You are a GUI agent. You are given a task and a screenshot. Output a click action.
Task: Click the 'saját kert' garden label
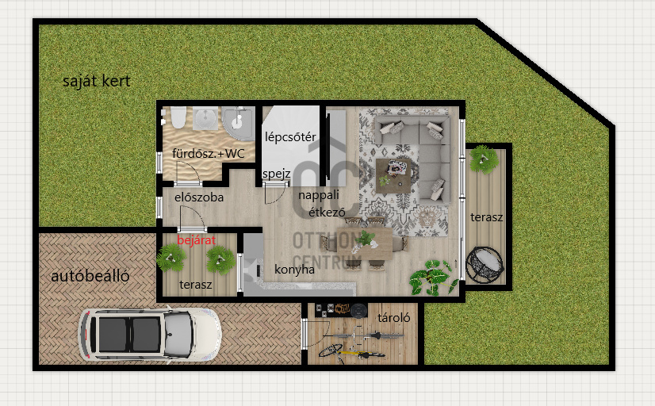[x=97, y=81]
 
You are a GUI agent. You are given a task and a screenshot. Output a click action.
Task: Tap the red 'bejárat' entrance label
[x=197, y=240]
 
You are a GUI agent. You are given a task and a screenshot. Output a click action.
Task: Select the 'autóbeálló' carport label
[x=90, y=276]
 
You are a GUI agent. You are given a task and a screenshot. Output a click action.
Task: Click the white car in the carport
[x=150, y=334]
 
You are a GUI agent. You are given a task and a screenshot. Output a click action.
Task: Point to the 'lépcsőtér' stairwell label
[x=290, y=137]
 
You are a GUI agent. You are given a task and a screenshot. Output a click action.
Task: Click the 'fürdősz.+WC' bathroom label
[x=208, y=154]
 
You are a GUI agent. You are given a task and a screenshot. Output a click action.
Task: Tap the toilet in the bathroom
[x=178, y=117]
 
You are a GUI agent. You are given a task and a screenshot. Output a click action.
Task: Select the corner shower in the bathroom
[x=238, y=124]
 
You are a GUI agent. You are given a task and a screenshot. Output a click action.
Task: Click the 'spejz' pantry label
[x=277, y=174]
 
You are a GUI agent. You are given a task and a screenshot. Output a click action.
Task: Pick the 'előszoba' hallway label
[x=199, y=197]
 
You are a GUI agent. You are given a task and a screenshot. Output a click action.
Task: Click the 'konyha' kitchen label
[x=294, y=270]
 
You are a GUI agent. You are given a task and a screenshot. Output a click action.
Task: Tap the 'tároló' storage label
[x=393, y=318]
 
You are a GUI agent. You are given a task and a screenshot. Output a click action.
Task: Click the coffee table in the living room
[x=393, y=175]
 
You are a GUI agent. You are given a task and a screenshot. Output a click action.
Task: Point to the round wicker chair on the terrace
[x=485, y=264]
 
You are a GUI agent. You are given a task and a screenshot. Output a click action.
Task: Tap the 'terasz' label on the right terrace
[x=486, y=217]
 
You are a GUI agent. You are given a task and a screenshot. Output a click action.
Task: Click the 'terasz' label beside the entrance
[x=196, y=285]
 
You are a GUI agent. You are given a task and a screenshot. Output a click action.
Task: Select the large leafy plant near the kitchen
[x=433, y=278]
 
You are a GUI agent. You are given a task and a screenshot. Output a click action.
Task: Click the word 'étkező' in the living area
[x=327, y=213]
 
